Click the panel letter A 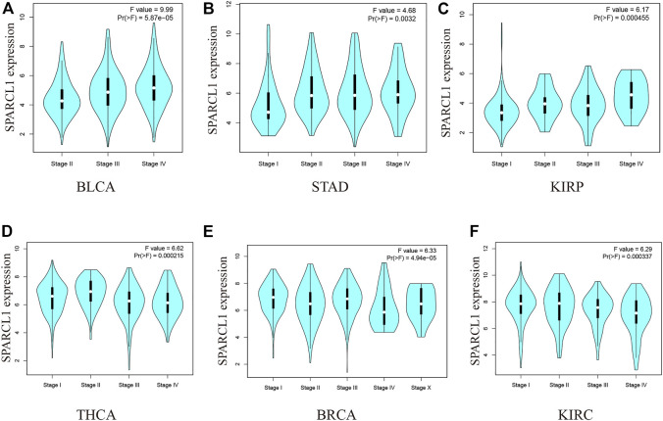pyautogui.click(x=8, y=8)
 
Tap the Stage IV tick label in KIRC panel pyautogui.click(x=630, y=374)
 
